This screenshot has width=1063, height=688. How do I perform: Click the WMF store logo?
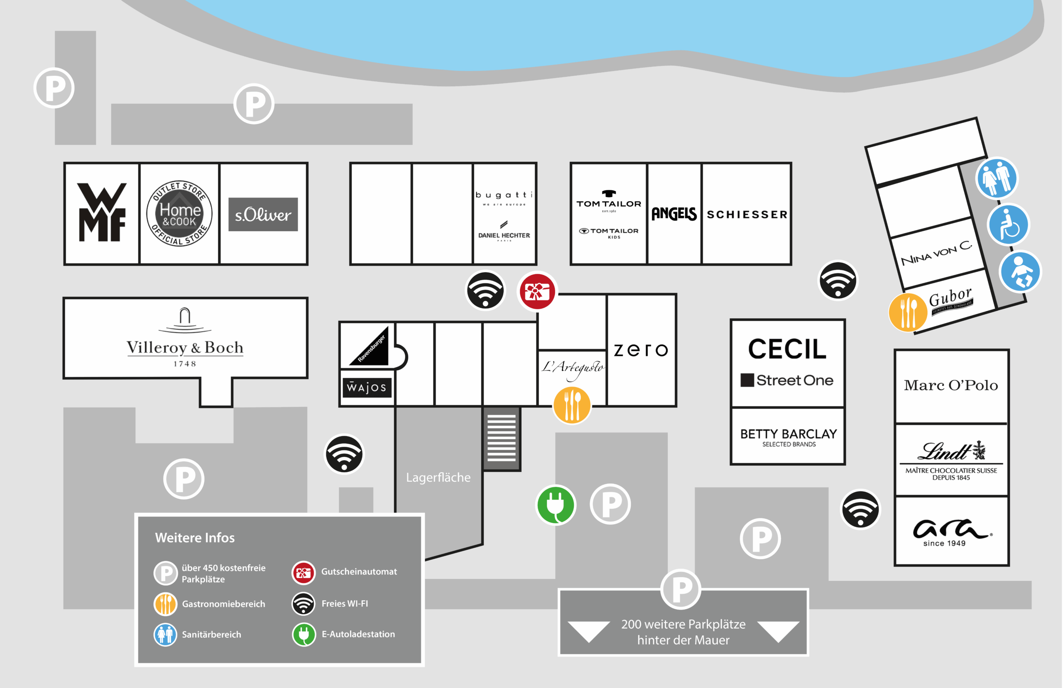pos(102,212)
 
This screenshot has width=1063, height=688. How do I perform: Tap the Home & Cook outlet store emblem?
pos(179,213)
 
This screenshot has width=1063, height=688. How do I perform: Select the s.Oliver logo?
pos(263,215)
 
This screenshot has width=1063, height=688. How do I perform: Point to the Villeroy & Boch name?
pos(185,347)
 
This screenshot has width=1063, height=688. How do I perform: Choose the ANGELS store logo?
pos(674,214)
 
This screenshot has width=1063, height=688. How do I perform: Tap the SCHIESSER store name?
pos(747,215)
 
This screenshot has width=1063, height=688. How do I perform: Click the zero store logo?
pos(641,350)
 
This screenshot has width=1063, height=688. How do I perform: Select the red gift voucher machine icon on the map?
pos(537,291)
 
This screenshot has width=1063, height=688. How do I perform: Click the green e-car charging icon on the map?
pos(556,505)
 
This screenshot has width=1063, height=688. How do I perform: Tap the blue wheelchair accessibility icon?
pos(1009,224)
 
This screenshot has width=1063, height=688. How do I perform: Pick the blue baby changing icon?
pos(1021,271)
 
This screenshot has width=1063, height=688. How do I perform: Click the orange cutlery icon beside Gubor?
pos(908,312)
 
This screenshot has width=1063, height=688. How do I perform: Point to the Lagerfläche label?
pos(438,477)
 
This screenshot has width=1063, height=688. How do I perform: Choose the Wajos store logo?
pos(367,387)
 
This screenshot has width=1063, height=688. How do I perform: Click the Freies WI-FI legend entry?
pos(344,604)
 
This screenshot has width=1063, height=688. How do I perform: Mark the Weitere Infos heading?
pos(195,537)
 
